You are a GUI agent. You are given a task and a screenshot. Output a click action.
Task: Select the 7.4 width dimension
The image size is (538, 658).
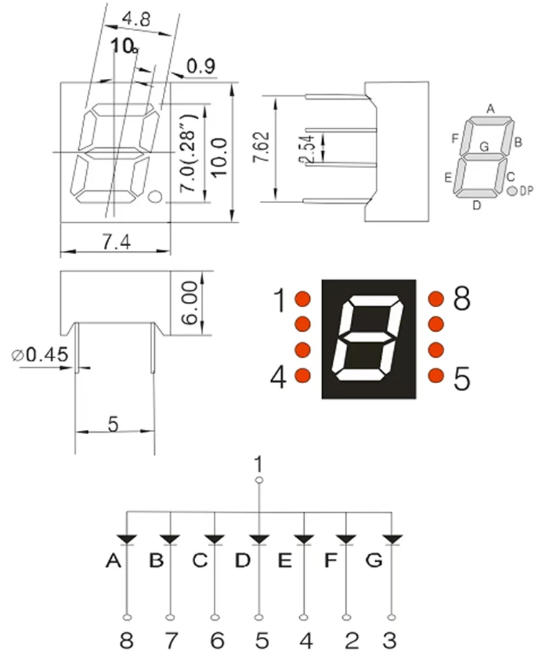tap(115, 244)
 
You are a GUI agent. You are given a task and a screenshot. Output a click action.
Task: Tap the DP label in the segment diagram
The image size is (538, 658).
tap(526, 191)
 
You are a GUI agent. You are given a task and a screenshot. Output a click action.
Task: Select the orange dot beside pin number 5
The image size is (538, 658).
tap(435, 375)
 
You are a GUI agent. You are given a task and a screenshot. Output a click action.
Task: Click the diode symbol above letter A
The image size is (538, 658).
tap(127, 538)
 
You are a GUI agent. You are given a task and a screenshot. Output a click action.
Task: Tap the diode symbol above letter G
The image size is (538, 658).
tap(392, 538)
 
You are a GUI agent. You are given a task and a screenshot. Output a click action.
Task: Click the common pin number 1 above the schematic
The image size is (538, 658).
tap(259, 464)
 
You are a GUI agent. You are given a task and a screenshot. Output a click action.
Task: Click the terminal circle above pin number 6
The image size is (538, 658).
tap(214, 616)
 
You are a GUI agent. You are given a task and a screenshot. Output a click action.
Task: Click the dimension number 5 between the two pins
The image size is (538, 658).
tap(113, 424)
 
